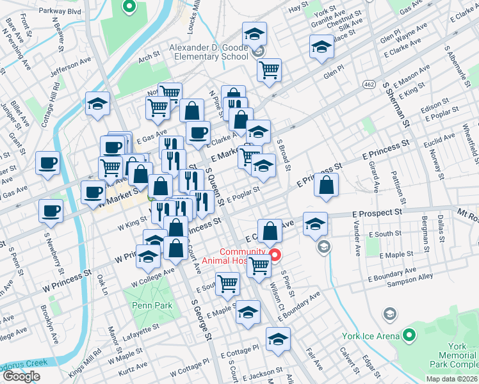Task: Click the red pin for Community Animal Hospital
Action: [276, 255]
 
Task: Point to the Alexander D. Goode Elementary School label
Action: [208, 52]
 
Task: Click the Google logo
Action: [21, 376]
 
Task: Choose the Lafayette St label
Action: [141, 332]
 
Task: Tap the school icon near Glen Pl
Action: [321, 47]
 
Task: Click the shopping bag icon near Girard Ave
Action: [327, 185]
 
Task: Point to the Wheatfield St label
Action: [468, 144]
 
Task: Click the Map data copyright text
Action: [451, 379]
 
